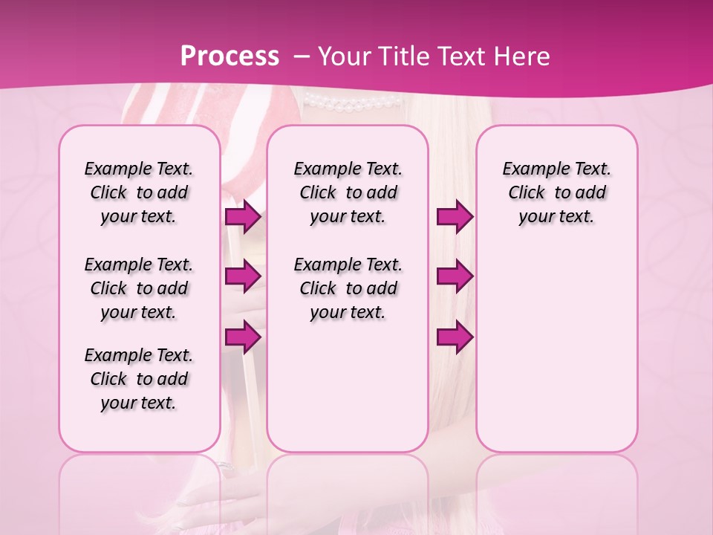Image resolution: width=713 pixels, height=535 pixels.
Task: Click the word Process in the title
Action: pyautogui.click(x=229, y=56)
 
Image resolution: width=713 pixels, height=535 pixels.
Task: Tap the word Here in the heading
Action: pyautogui.click(x=523, y=56)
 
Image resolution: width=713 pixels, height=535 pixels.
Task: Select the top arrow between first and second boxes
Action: pyautogui.click(x=243, y=217)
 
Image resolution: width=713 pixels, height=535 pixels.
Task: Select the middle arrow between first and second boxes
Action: pyautogui.click(x=243, y=276)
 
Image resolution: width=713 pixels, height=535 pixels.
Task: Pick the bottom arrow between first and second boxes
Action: pyautogui.click(x=243, y=337)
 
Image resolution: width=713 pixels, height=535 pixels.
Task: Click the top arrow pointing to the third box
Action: pyautogui.click(x=455, y=217)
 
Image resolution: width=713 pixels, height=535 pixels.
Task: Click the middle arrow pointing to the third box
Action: pyautogui.click(x=455, y=276)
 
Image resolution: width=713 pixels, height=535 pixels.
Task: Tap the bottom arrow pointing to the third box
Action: pyautogui.click(x=455, y=337)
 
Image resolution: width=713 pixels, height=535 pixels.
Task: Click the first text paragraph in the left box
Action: pyautogui.click(x=139, y=192)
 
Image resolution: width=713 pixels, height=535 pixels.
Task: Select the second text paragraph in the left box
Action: pyautogui.click(x=139, y=288)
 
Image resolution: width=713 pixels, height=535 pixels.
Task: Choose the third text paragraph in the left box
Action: pyautogui.click(x=139, y=379)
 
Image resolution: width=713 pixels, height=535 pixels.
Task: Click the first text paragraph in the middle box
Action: pyautogui.click(x=348, y=192)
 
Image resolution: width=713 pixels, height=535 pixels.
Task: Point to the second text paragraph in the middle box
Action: pyautogui.click(x=348, y=288)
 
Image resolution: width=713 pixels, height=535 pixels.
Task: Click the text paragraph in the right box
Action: pyautogui.click(x=556, y=192)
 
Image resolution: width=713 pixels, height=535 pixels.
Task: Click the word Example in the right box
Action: pyautogui.click(x=530, y=169)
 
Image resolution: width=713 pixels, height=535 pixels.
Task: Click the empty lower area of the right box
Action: pyautogui.click(x=556, y=357)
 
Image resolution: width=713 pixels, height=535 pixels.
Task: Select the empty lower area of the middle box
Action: pyautogui.click(x=348, y=386)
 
